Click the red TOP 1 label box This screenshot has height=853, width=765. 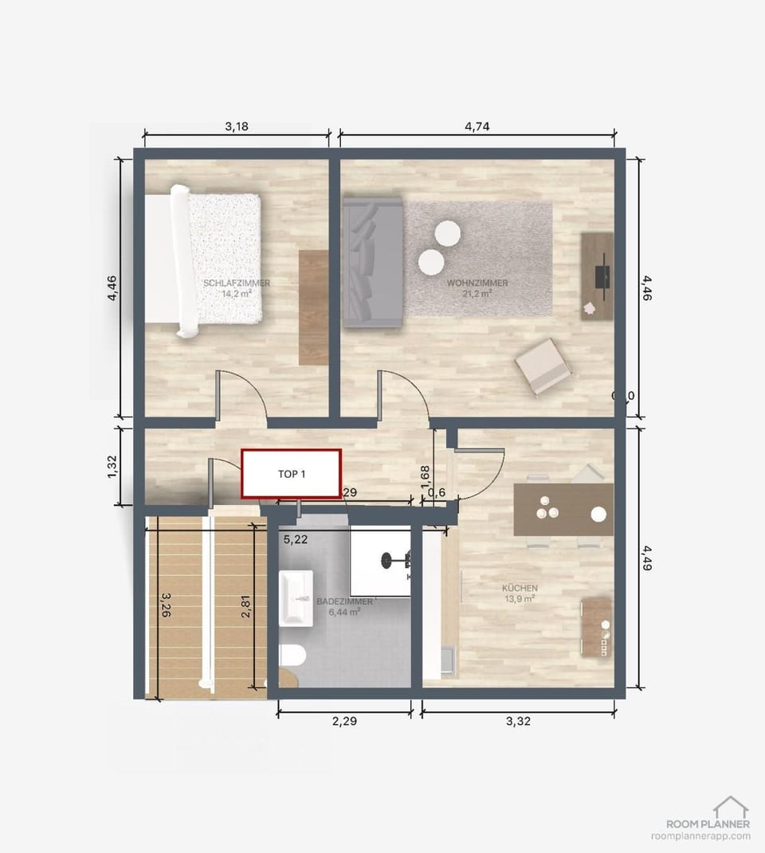(292, 474)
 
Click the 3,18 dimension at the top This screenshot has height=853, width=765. (237, 126)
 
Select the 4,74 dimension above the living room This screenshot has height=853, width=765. (477, 126)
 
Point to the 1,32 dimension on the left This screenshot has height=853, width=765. (112, 467)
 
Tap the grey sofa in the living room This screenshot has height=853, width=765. (372, 263)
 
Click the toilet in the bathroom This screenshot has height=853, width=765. (292, 655)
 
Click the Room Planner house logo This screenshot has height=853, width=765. (730, 806)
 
